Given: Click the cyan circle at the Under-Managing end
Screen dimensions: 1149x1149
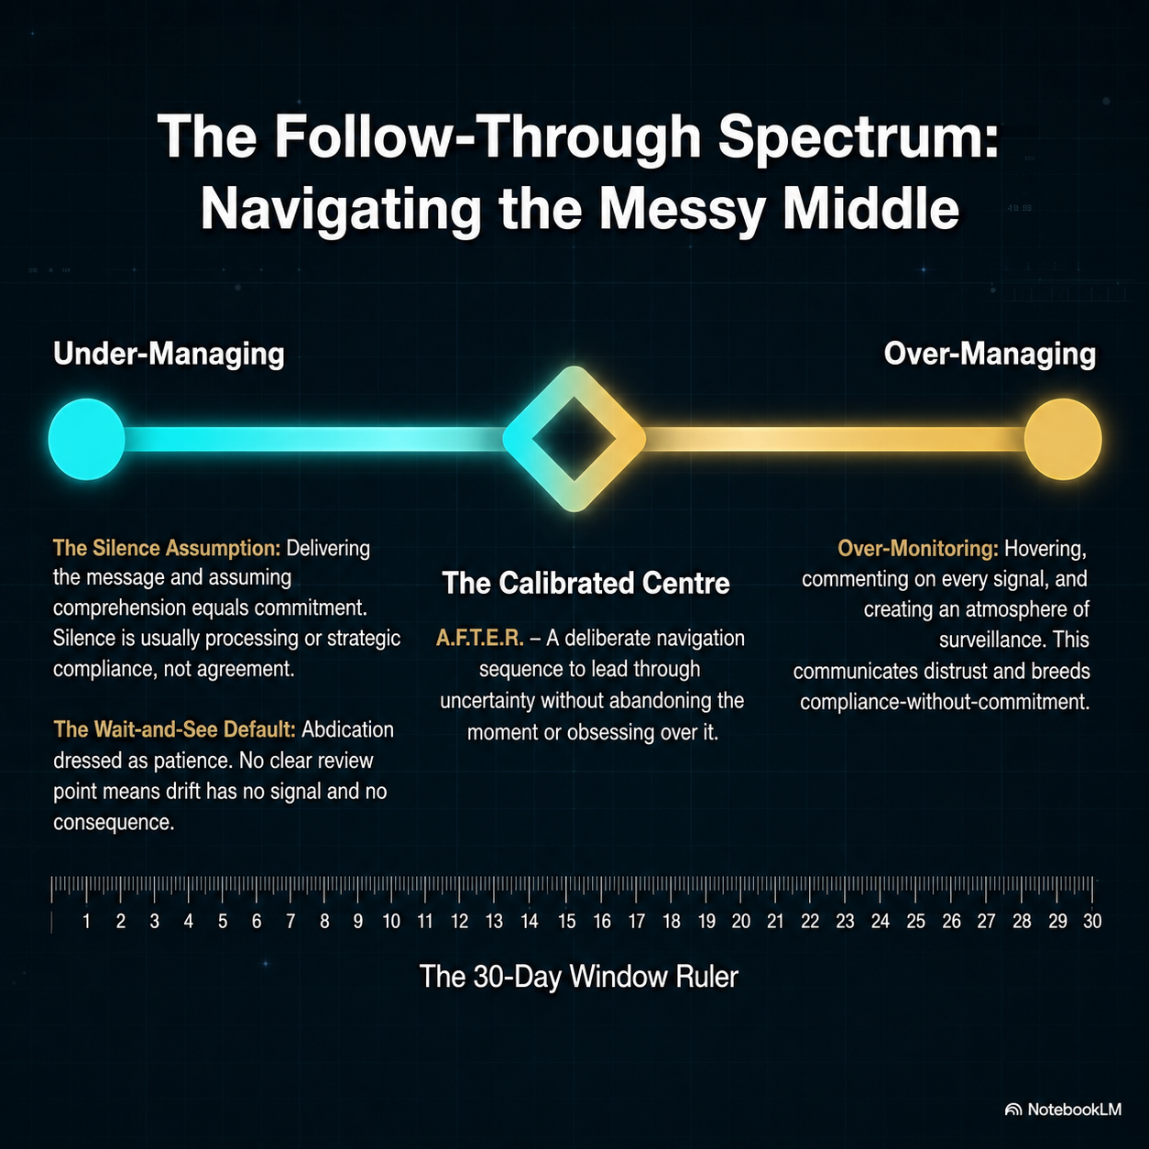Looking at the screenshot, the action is pos(86,439).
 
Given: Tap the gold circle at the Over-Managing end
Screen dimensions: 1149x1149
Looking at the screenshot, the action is pos(1063,439).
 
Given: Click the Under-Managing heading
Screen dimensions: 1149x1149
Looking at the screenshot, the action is pos(169,354).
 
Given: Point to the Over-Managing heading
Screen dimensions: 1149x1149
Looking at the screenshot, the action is pos(990,354).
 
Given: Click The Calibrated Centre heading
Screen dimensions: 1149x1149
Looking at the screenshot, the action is pos(586,583).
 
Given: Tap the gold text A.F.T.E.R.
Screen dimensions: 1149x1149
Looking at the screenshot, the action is pos(480,639).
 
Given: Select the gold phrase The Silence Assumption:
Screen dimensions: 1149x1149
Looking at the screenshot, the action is pos(167,548).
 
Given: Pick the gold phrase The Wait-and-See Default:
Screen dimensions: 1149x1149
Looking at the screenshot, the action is pos(174,729).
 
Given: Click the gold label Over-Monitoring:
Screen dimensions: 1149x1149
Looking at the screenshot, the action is pos(918,548).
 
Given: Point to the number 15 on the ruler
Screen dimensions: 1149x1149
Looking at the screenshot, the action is pos(566,921).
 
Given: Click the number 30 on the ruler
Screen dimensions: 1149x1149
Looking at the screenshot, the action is pos(1092,921).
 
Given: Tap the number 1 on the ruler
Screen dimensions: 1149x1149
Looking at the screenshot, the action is pos(86,921).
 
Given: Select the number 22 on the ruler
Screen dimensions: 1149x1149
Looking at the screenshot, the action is pos(810,921).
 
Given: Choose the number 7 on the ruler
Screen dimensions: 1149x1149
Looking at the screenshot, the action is pos(290,921).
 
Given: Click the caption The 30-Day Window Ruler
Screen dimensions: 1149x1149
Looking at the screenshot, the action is pos(579,977).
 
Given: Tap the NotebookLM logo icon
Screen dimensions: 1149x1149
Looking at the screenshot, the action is pos(1013,1110).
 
